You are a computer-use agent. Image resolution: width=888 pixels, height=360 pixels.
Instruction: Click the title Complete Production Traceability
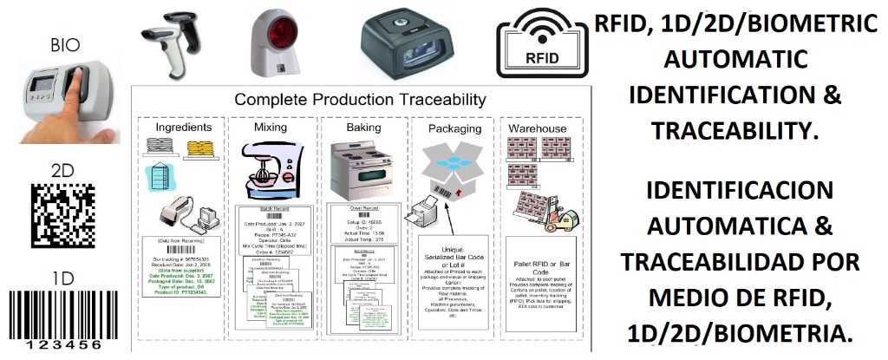(x=360, y=100)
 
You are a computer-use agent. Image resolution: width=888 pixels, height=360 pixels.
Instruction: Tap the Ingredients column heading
(x=183, y=128)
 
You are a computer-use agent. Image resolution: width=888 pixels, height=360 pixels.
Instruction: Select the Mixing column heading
(x=271, y=128)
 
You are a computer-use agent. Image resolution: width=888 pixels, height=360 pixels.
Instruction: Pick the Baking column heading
(x=363, y=128)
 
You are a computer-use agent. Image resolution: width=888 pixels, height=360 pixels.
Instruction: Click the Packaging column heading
(x=454, y=128)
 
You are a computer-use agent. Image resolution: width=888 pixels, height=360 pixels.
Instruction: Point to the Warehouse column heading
(x=538, y=128)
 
